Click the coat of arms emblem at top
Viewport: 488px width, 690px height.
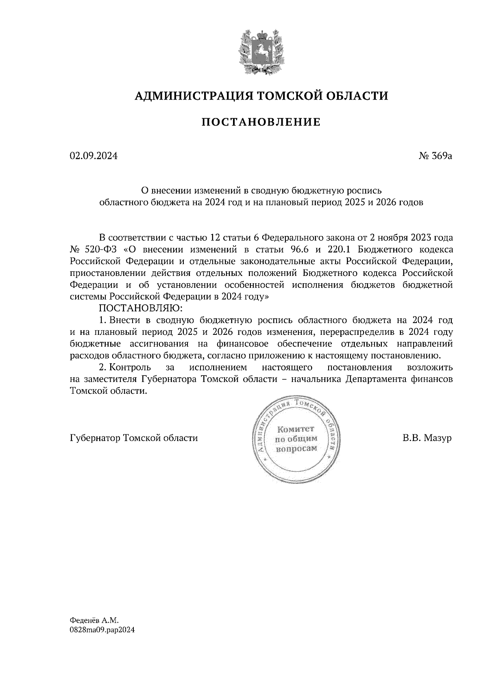coord(260,52)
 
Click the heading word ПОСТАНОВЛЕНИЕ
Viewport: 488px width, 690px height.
coord(261,122)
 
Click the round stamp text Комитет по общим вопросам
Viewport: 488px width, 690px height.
coord(296,439)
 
